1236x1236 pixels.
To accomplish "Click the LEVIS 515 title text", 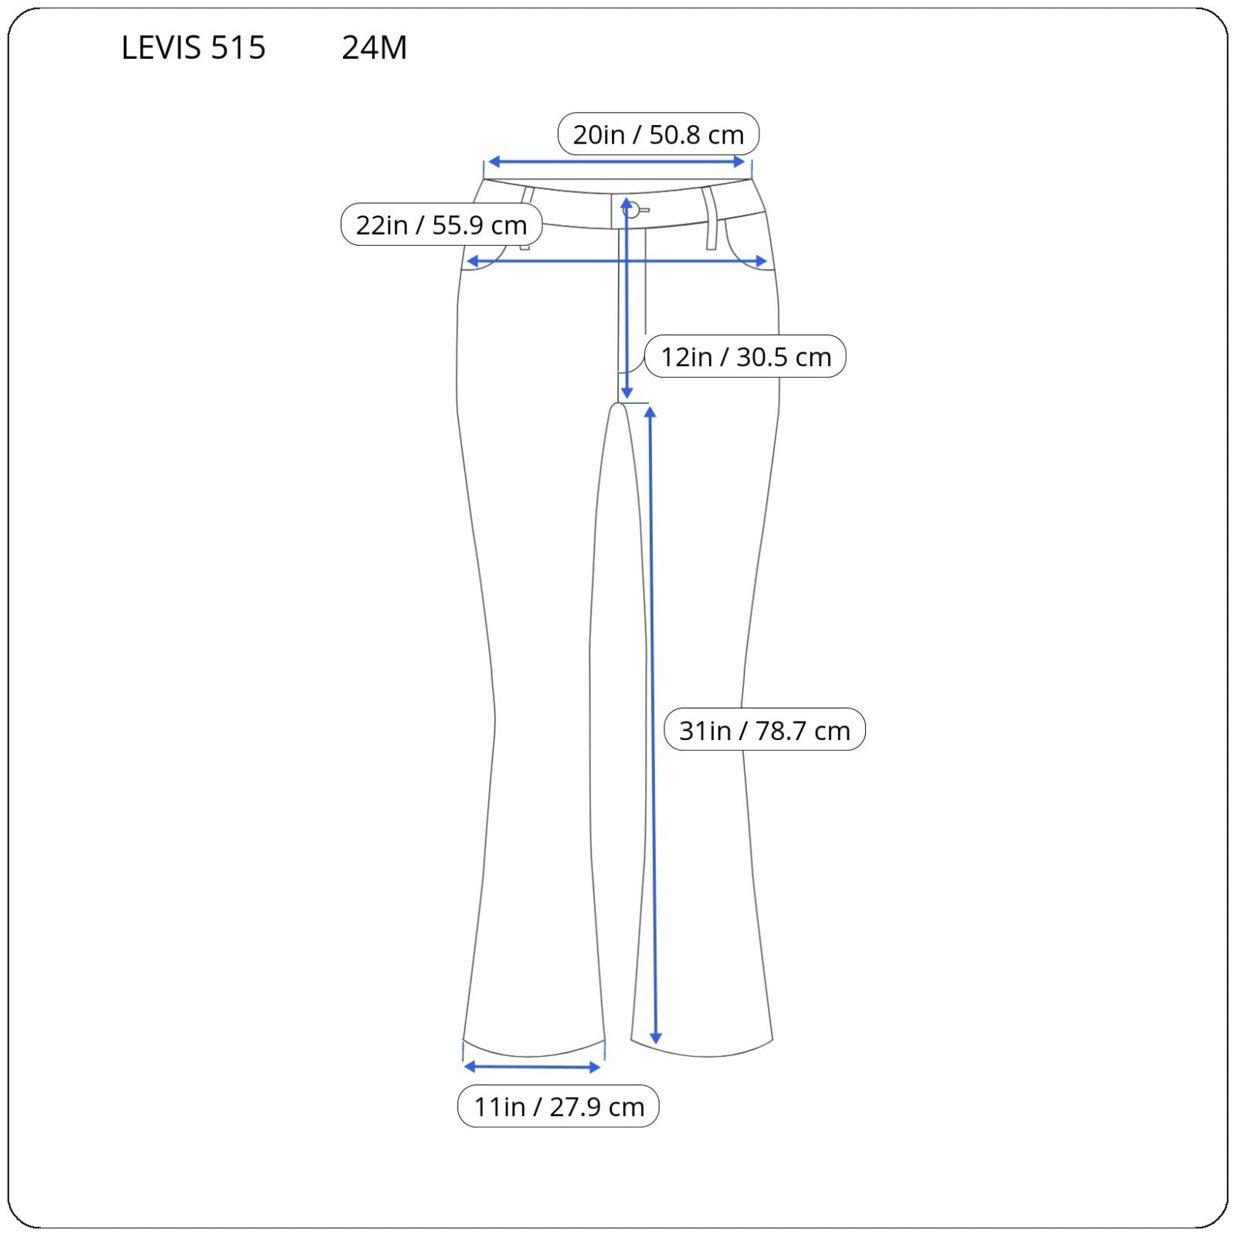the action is (x=193, y=48).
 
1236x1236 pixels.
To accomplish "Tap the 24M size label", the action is (x=374, y=48).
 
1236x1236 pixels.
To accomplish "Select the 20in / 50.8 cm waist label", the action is (x=658, y=134).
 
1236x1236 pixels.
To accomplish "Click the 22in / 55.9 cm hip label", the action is (x=441, y=225).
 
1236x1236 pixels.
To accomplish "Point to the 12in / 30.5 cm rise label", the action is (x=745, y=357).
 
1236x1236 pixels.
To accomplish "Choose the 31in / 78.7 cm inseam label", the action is (x=764, y=730).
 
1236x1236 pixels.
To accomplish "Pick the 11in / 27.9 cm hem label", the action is (x=558, y=1106).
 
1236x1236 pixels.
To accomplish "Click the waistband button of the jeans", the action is (x=632, y=209).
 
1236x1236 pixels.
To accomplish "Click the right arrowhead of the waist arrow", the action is (x=739, y=162).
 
